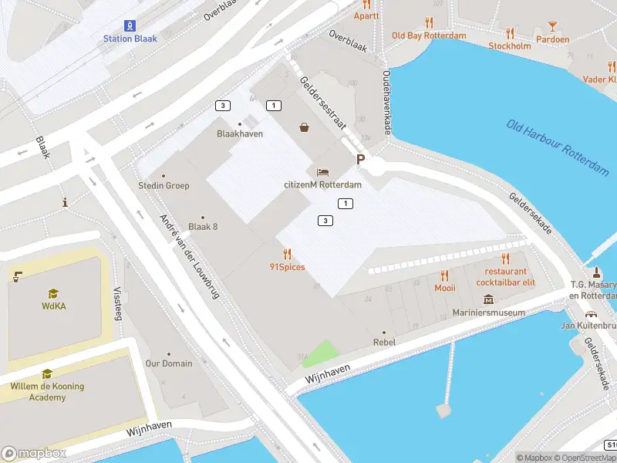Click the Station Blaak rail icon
[x=129, y=25]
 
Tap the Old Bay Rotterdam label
[x=429, y=35]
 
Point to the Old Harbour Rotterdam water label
[x=558, y=149]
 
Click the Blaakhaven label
[x=240, y=133]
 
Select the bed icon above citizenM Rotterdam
[x=322, y=172]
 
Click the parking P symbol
[x=359, y=159]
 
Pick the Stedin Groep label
[x=164, y=185]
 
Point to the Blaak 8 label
[x=203, y=226]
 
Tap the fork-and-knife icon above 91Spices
[x=287, y=254]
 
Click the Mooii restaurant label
[x=444, y=288]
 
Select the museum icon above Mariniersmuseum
[x=488, y=299]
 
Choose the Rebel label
[x=384, y=342]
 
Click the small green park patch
[x=320, y=354]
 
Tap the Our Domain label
[x=169, y=363]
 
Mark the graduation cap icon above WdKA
[x=52, y=293]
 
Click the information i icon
[x=66, y=202]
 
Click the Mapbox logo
[x=34, y=454]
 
